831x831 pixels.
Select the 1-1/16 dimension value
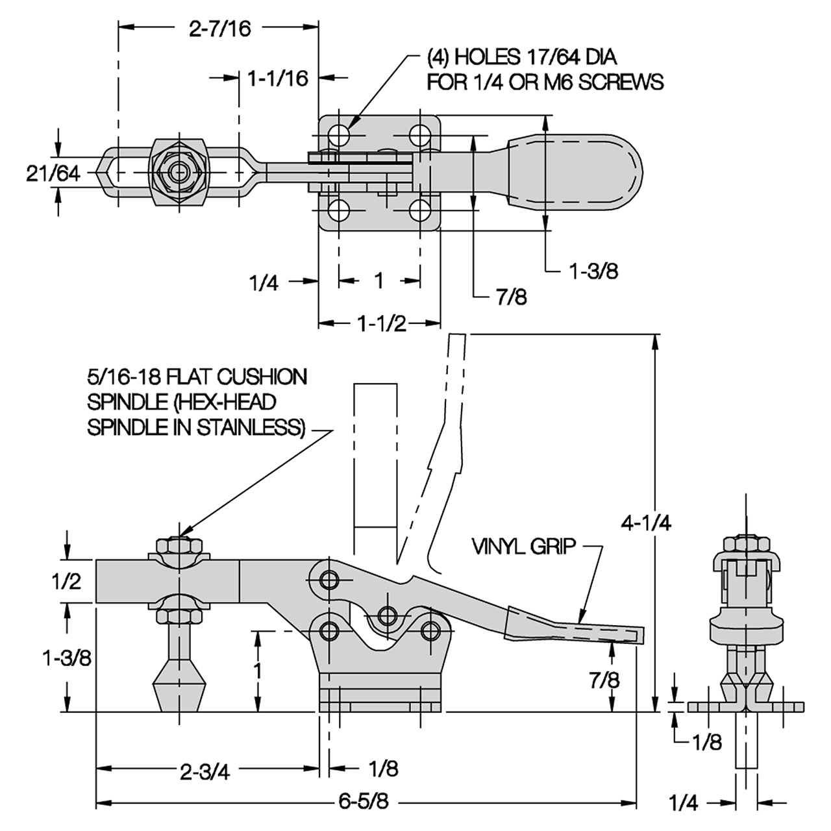[x=277, y=79]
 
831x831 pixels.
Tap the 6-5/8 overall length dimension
[x=364, y=802]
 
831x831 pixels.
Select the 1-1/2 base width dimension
[x=382, y=323]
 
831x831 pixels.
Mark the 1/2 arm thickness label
[x=66, y=581]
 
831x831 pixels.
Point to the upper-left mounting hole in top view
[x=338, y=135]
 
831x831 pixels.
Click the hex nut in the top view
[x=177, y=173]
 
